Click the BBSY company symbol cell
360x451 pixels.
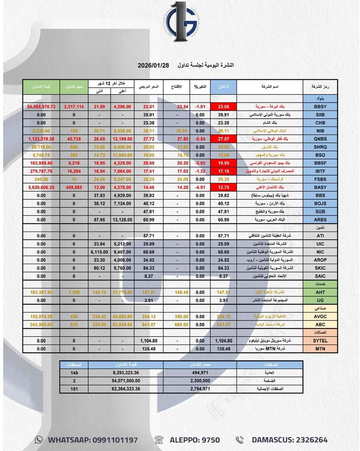(x=320, y=107)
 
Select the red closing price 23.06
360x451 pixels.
(x=223, y=107)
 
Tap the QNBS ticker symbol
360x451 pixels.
(x=320, y=139)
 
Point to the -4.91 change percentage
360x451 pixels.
(x=200, y=187)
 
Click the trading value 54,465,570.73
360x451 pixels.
(x=41, y=107)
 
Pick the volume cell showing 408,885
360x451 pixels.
(x=74, y=187)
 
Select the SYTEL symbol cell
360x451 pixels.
(x=320, y=341)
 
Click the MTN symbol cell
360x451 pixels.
(x=320, y=349)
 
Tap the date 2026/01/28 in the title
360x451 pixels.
(x=153, y=65)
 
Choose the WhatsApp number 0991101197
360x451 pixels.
(x=115, y=440)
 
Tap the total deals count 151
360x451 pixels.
(x=74, y=389)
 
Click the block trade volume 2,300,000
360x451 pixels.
(x=200, y=381)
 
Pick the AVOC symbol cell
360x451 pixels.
(x=320, y=316)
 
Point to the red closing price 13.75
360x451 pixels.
(x=223, y=187)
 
